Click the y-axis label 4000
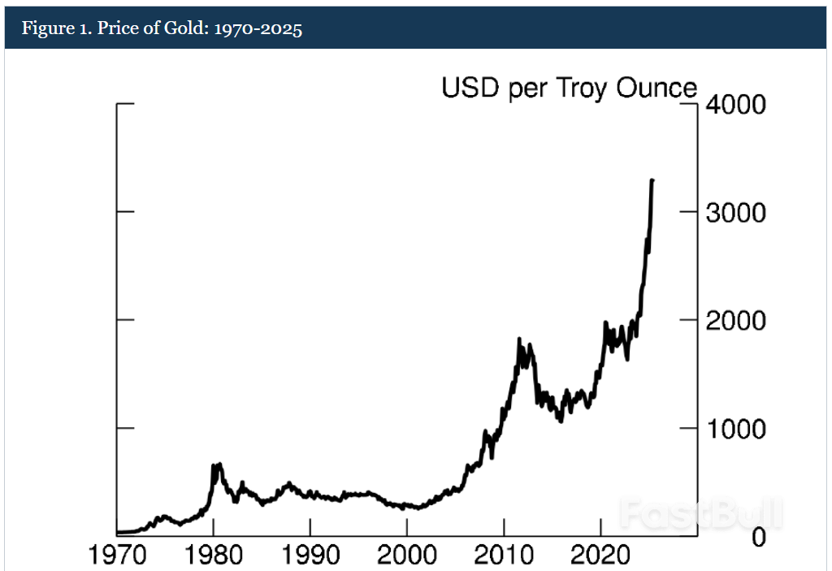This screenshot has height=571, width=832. (x=735, y=105)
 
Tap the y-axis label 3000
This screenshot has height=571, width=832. (x=735, y=213)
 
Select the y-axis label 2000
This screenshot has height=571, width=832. (x=735, y=321)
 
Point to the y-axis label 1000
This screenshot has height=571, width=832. (x=735, y=429)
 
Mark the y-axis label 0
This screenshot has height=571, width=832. (x=758, y=537)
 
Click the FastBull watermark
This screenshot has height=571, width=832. (x=700, y=513)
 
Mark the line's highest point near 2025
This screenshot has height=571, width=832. (x=652, y=180)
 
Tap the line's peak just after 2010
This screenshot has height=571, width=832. (x=519, y=339)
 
